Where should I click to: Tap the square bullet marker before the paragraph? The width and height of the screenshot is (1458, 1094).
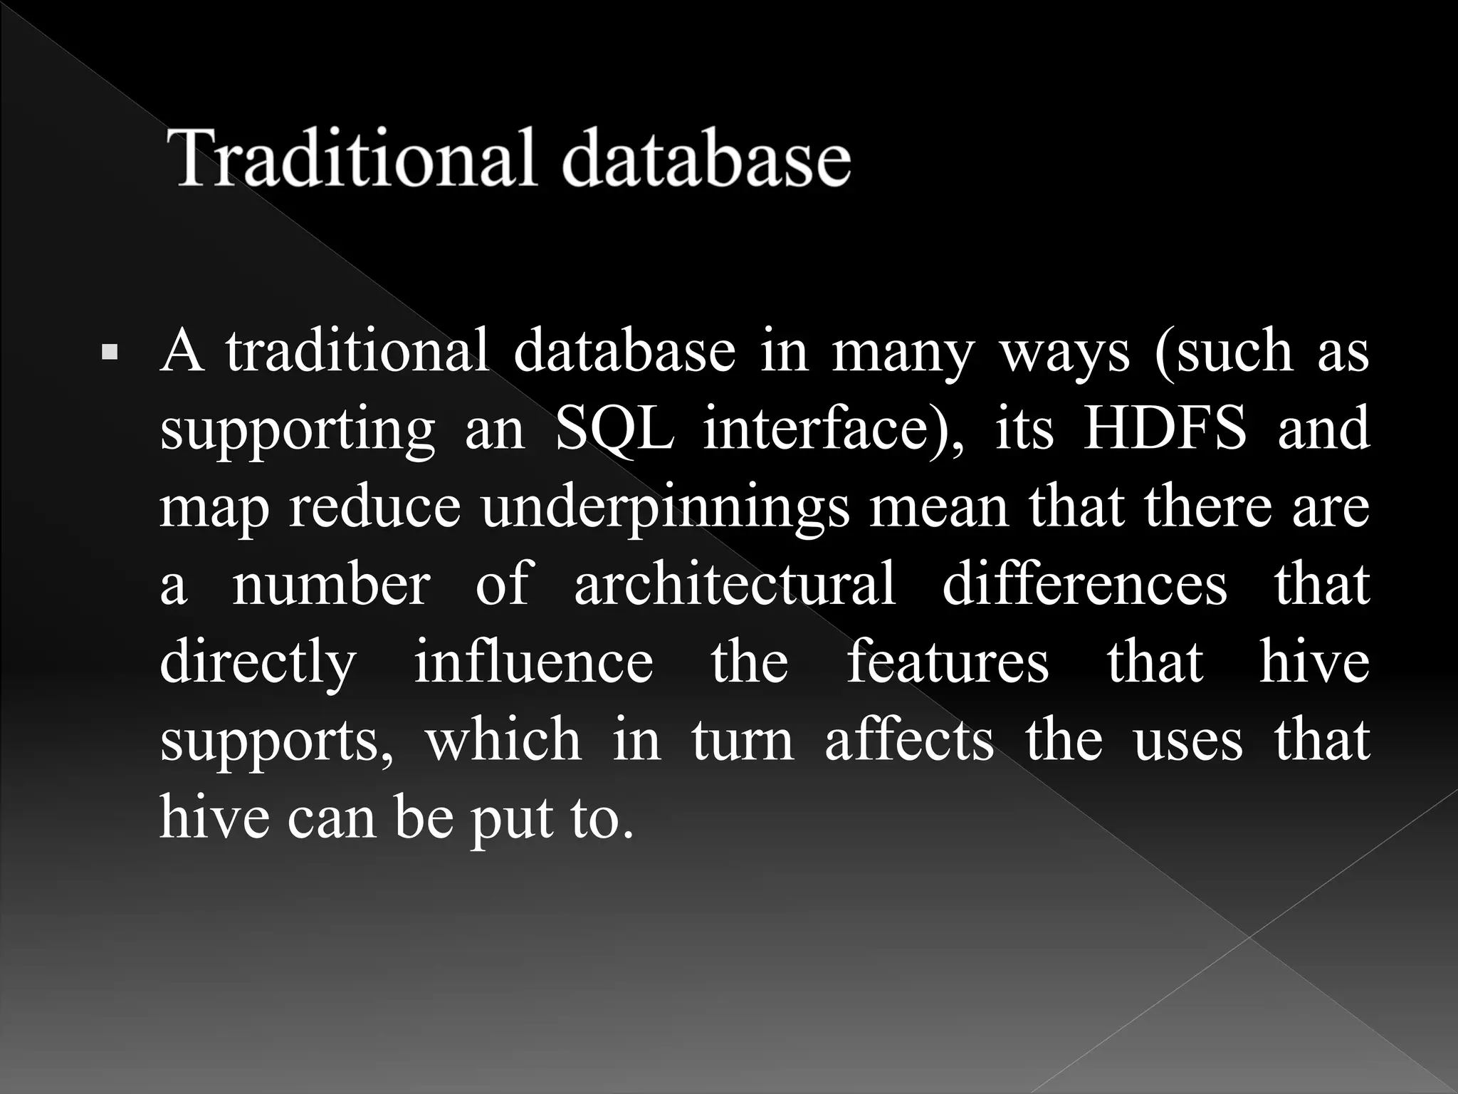[110, 352]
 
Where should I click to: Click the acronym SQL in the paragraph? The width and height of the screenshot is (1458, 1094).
[614, 428]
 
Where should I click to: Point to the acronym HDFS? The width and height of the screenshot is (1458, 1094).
[1164, 428]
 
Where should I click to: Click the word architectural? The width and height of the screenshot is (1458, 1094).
[734, 584]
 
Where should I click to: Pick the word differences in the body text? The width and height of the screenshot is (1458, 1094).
[1084, 584]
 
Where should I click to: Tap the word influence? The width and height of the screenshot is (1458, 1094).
[533, 662]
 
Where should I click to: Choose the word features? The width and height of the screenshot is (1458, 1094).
[948, 662]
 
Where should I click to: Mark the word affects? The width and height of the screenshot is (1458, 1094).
[909, 739]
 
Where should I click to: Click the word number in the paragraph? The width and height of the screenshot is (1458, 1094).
[331, 584]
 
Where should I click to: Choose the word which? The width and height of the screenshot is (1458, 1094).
[503, 739]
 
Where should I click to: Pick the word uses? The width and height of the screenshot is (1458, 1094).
[1187, 741]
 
